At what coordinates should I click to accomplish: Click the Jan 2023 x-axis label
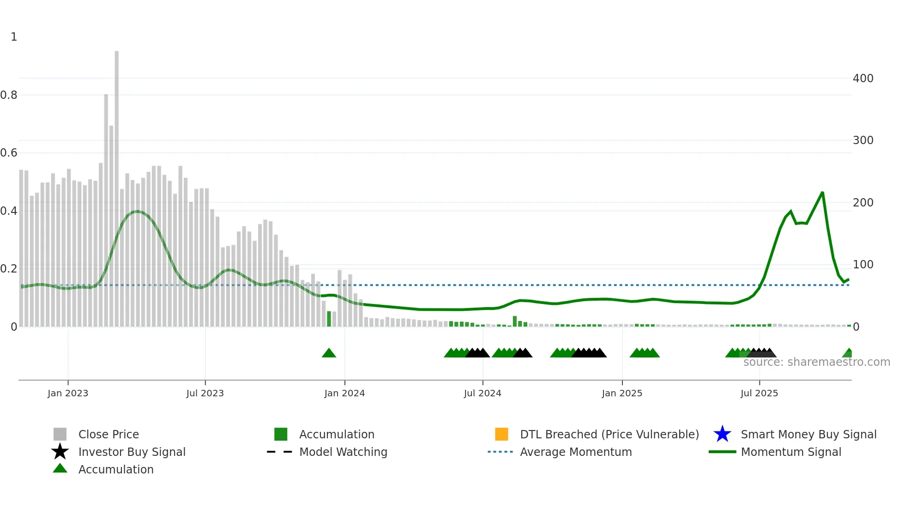67,393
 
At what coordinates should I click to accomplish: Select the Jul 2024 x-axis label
482,393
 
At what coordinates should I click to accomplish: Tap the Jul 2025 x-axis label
759,393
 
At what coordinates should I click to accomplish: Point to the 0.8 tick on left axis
9,95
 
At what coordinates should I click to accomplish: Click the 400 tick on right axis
863,79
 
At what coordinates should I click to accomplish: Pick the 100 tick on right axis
863,265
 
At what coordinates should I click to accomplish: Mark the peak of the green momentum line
822,193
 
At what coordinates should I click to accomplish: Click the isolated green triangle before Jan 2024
329,353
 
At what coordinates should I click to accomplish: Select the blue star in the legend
722,434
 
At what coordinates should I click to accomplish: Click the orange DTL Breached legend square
501,434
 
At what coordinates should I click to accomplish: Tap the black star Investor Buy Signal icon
60,452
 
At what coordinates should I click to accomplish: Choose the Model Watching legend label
343,452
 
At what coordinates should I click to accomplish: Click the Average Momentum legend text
576,452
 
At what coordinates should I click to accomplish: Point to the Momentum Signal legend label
791,452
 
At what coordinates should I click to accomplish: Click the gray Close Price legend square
60,434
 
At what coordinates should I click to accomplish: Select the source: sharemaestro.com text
816,362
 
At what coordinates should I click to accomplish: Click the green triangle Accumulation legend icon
60,468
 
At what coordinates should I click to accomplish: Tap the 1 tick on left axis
14,37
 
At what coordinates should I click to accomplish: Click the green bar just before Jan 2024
329,319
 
